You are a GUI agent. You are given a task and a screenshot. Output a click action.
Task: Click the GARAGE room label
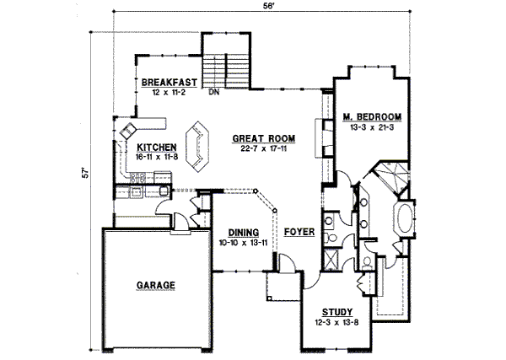point(155,286)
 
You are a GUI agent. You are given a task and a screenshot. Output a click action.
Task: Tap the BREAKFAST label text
point(169,82)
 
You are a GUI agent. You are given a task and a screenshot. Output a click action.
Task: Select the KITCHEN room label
point(155,146)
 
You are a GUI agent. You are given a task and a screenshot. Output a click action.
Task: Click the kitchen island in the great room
point(199,142)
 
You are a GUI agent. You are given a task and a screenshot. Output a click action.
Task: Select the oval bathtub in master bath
point(403,220)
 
